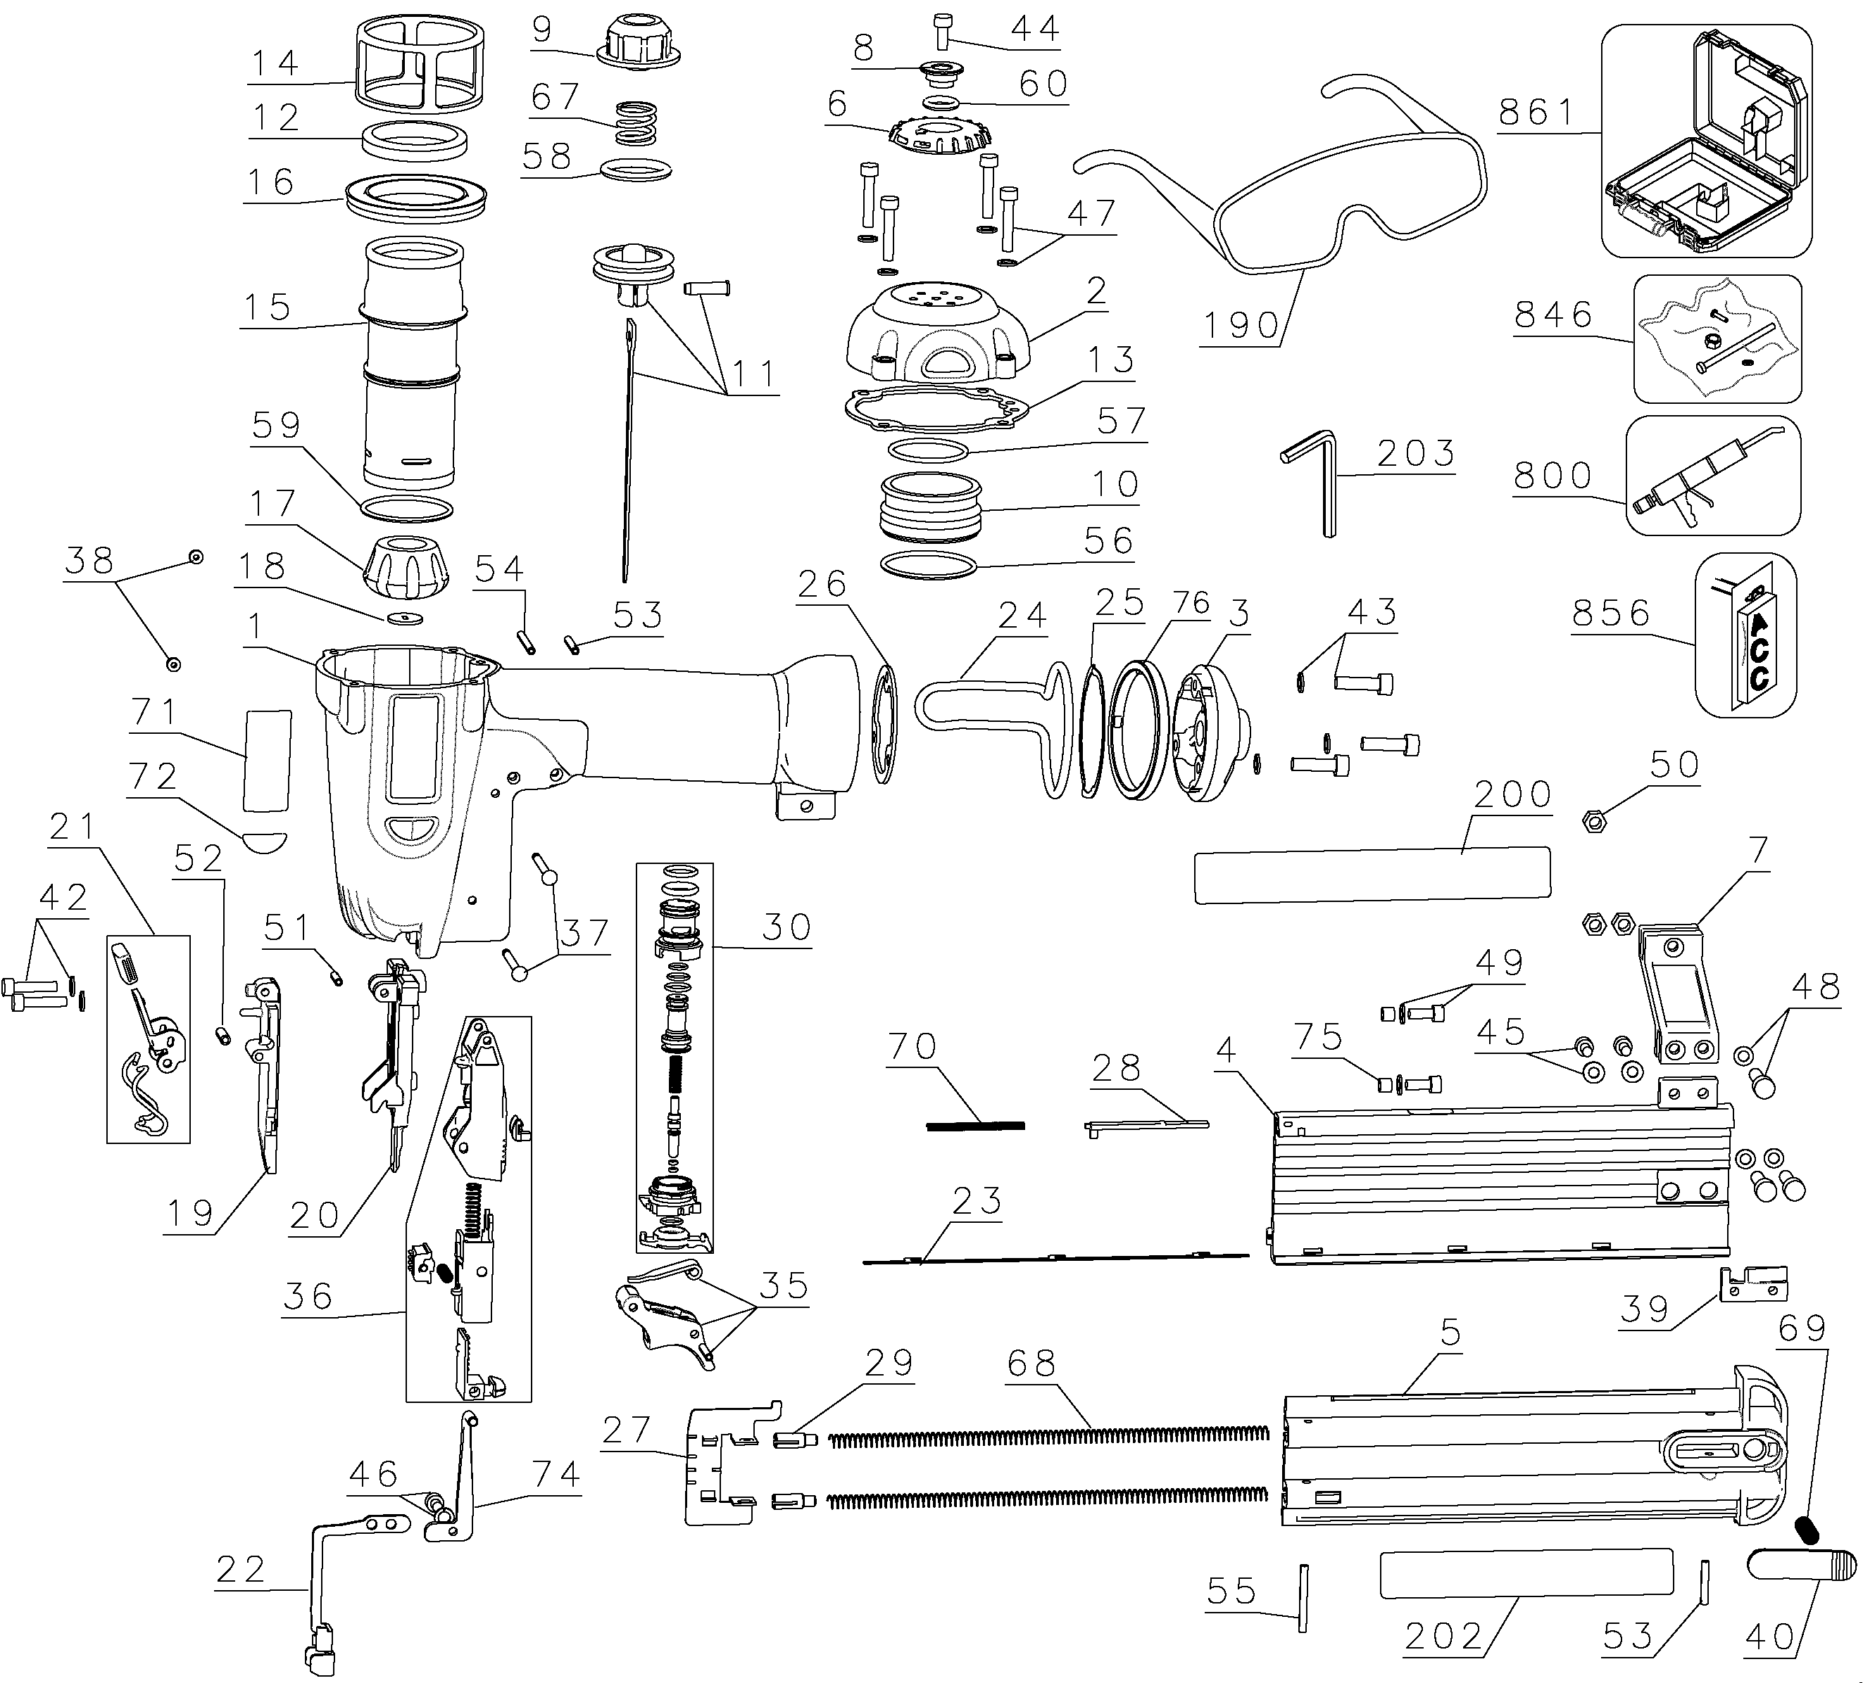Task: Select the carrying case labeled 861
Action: (1706, 141)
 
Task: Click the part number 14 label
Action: (275, 63)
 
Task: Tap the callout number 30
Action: (786, 927)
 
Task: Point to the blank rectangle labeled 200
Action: (1372, 874)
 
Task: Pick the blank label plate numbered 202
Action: (1526, 1573)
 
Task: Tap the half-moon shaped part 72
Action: (265, 841)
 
